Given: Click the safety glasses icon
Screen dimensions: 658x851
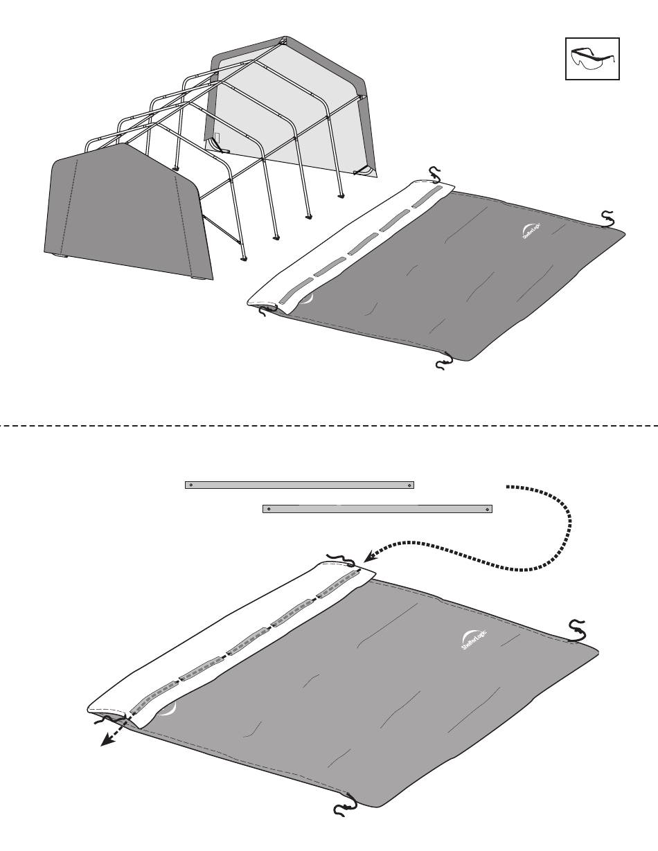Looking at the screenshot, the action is click(x=592, y=59).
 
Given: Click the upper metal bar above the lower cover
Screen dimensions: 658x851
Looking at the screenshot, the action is click(x=299, y=485).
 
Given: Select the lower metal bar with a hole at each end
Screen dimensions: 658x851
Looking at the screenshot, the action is click(x=377, y=509).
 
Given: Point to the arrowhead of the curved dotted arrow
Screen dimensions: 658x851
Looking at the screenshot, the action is click(x=368, y=556).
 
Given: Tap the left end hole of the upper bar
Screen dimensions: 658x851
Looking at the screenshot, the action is click(x=189, y=485).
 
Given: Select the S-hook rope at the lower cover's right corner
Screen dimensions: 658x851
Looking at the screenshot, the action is click(x=577, y=630).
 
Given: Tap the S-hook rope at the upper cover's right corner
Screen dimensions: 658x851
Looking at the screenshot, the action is click(x=607, y=219).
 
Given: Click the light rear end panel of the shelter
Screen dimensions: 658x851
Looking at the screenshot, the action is click(x=291, y=111).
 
